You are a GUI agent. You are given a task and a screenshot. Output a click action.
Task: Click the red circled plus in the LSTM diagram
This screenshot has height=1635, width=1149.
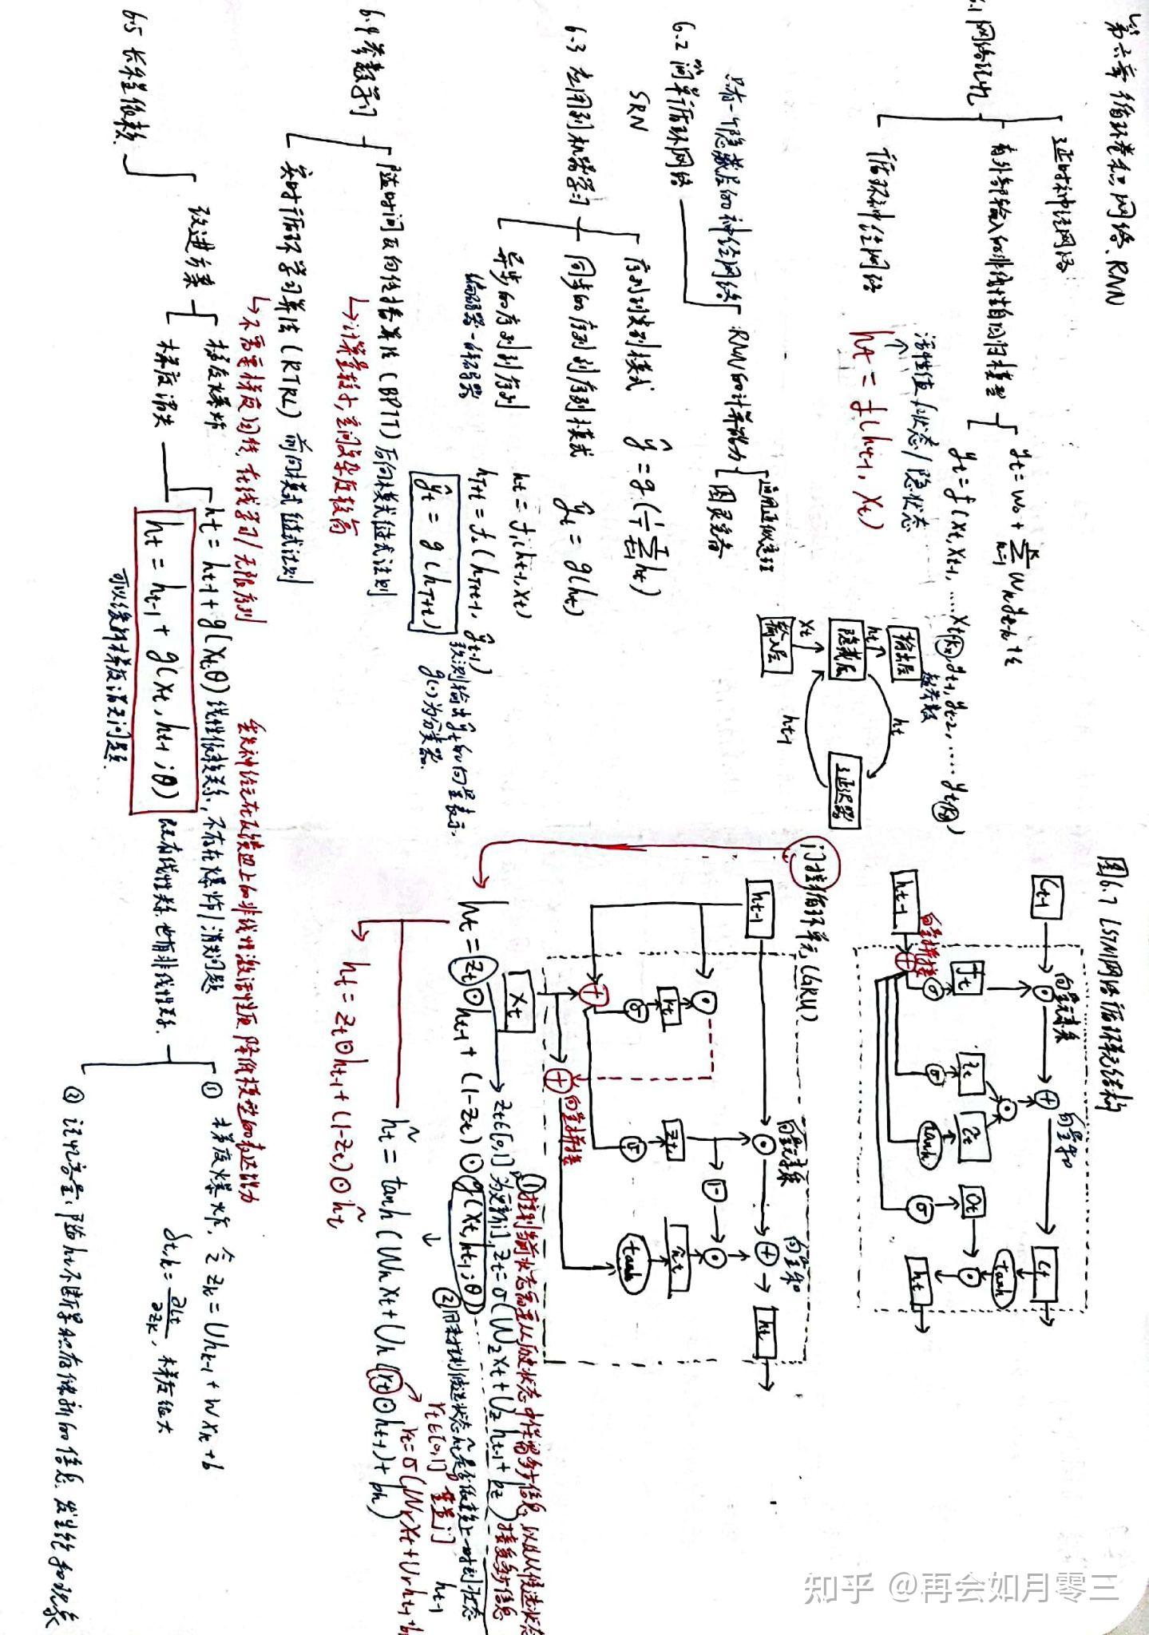pos(905,960)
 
